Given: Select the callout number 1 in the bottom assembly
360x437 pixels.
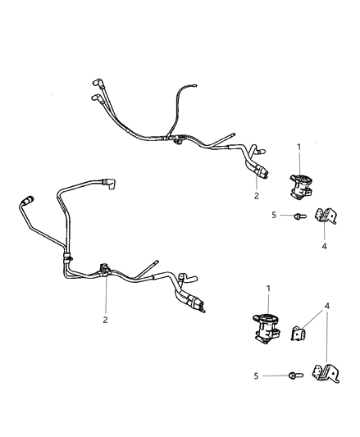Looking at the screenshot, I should (269, 289).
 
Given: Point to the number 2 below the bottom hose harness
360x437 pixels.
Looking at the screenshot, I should (105, 321).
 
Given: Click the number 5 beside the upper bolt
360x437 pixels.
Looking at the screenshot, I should (274, 216).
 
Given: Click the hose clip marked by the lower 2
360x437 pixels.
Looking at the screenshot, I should (106, 267).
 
